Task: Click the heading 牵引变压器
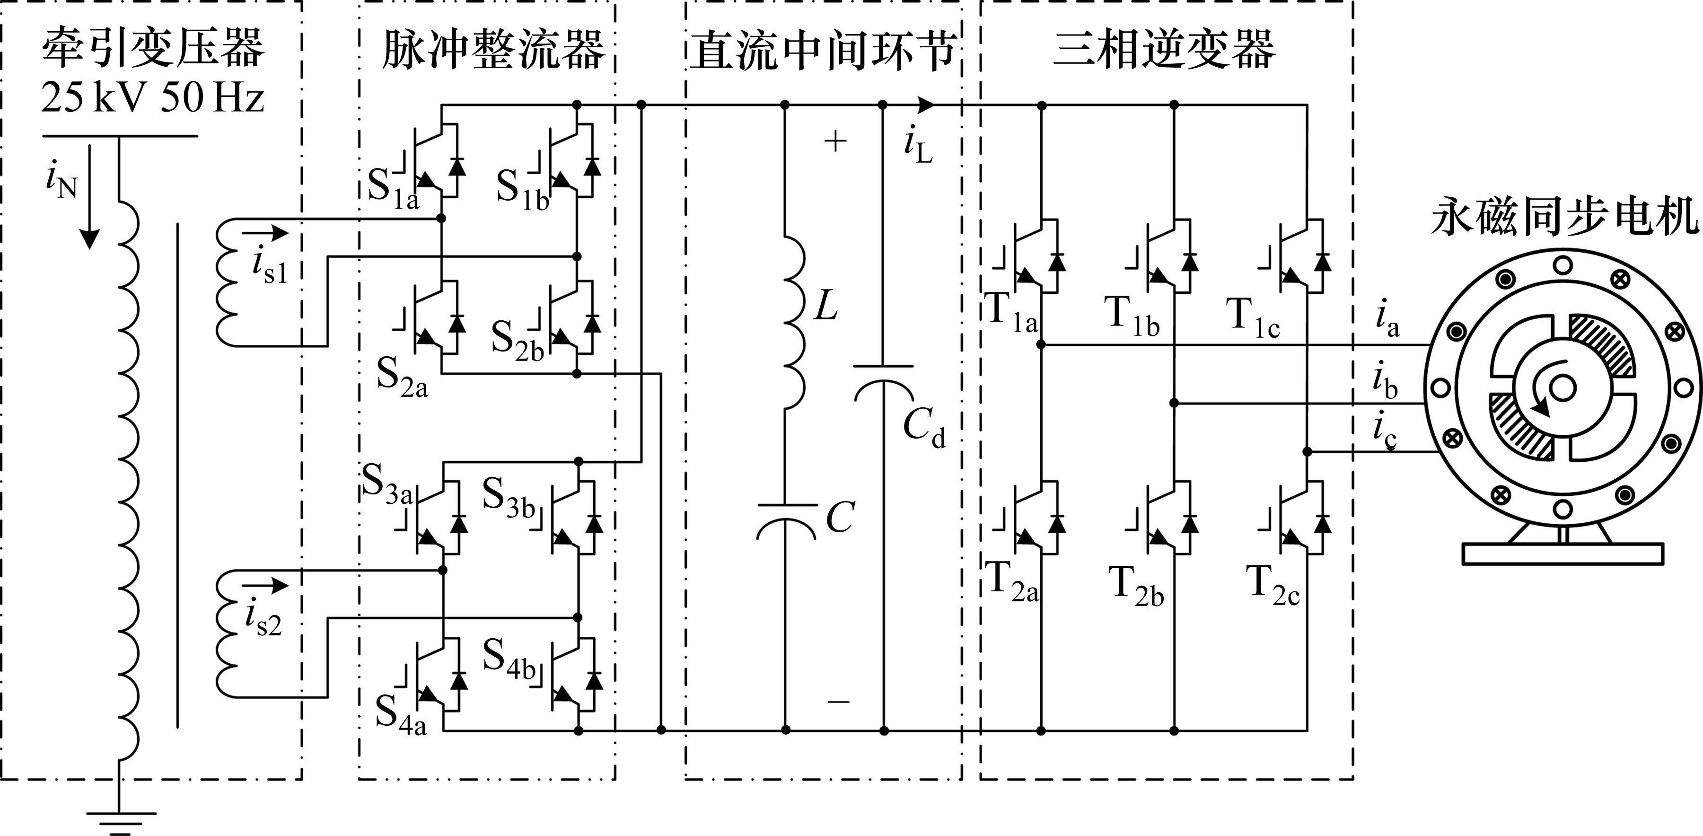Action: point(153,48)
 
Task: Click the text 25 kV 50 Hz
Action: point(153,98)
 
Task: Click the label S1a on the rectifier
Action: point(394,190)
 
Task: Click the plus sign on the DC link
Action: point(835,141)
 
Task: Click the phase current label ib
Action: point(1386,382)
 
